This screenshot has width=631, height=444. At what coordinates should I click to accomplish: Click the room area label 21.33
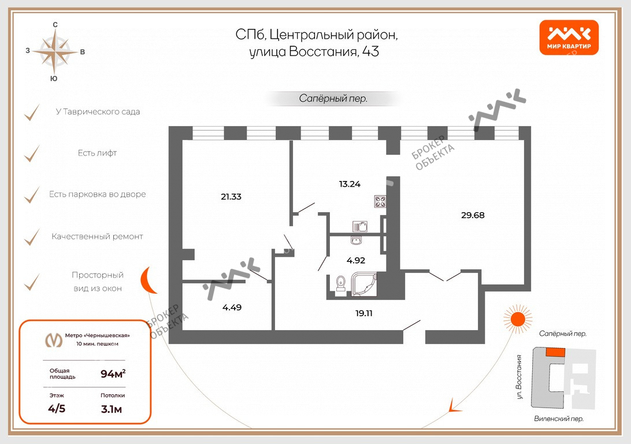click(231, 197)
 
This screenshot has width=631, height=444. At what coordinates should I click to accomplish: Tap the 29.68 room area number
click(473, 215)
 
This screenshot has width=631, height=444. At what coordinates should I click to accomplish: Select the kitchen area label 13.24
click(350, 184)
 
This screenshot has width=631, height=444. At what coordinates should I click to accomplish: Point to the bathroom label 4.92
click(356, 260)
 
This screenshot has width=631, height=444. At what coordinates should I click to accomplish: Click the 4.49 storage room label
click(232, 308)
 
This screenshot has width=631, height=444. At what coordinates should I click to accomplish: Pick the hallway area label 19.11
click(364, 313)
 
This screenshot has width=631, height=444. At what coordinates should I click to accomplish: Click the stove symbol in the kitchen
click(380, 201)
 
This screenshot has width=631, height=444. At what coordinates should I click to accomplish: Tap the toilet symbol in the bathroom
click(341, 283)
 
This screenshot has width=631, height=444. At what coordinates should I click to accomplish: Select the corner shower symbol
click(364, 284)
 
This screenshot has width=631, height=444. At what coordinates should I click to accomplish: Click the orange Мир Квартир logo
click(569, 38)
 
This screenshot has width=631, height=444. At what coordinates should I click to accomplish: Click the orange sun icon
click(518, 319)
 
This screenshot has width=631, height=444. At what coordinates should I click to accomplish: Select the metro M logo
click(54, 340)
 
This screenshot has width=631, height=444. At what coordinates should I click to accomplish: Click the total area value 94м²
click(113, 373)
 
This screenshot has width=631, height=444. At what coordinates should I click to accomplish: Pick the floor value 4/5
click(57, 409)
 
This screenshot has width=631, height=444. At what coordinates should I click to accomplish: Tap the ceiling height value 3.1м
click(112, 409)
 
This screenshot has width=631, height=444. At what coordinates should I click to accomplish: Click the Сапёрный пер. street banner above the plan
click(333, 99)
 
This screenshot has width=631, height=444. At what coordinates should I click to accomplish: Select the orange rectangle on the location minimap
click(555, 353)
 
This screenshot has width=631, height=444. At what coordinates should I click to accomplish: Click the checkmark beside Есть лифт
click(32, 154)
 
